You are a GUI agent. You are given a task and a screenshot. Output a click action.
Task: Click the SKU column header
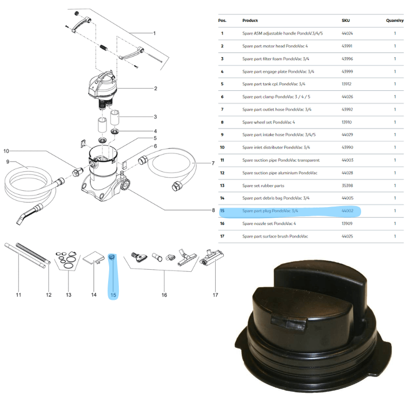(346, 21)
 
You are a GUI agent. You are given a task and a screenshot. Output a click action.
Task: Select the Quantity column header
(395, 21)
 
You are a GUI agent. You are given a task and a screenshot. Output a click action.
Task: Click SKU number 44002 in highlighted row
(348, 211)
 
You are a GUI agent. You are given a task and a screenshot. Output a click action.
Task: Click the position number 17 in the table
(222, 236)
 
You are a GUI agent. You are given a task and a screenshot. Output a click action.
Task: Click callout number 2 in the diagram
(155, 88)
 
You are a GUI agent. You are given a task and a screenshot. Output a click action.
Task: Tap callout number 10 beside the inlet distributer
(6, 151)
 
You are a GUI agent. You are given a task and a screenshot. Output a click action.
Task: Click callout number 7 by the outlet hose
(213, 163)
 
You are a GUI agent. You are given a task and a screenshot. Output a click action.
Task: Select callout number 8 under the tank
(213, 210)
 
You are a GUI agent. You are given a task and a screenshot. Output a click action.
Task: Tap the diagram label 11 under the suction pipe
(18, 295)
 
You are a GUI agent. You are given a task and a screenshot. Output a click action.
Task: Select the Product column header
(250, 21)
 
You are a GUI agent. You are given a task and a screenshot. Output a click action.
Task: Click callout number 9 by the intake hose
(8, 162)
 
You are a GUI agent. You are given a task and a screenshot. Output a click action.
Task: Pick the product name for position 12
(279, 173)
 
